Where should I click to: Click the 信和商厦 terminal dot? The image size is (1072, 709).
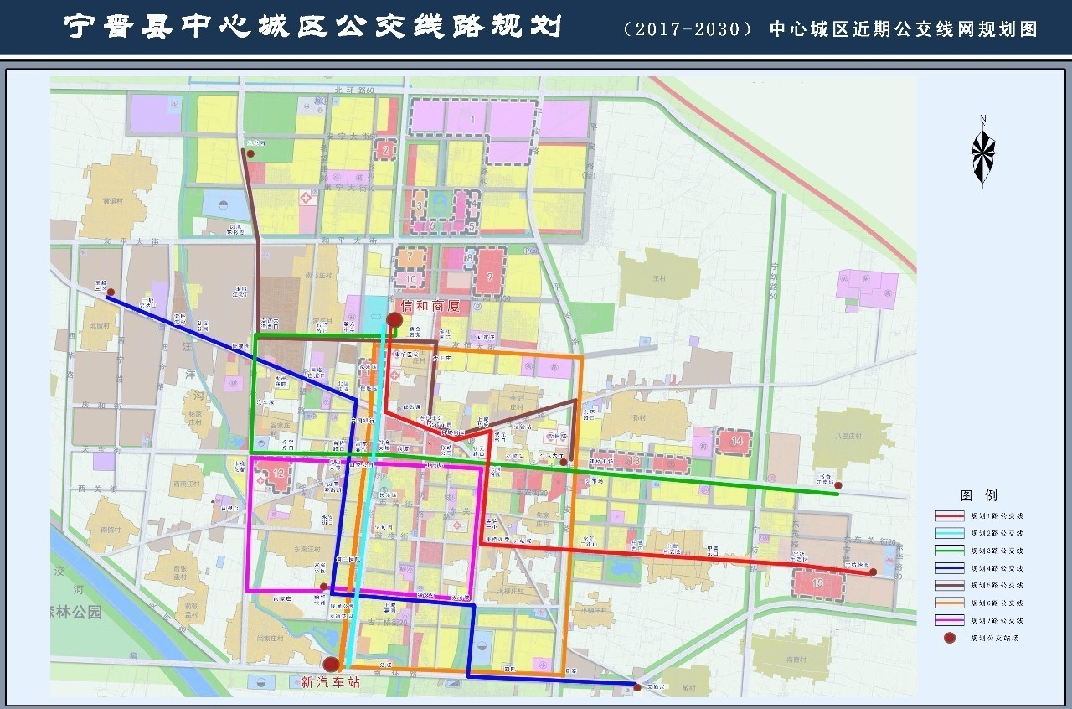pyautogui.click(x=394, y=319)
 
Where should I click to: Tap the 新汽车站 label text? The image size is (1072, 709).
pyautogui.click(x=330, y=682)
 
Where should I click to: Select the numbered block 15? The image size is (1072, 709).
pyautogui.click(x=818, y=582)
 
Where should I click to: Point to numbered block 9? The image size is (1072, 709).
pyautogui.click(x=489, y=270)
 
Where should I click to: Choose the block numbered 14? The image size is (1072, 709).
pyautogui.click(x=736, y=441)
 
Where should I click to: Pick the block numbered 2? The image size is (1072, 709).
pyautogui.click(x=385, y=151)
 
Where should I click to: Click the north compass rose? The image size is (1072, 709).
pyautogui.click(x=983, y=153)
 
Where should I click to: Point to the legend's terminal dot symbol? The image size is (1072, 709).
pyautogui.click(x=950, y=638)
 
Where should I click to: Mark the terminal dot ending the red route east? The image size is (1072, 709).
pyautogui.click(x=872, y=572)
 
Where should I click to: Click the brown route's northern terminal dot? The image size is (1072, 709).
pyautogui.click(x=250, y=153)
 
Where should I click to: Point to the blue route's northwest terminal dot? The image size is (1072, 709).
pyautogui.click(x=111, y=293)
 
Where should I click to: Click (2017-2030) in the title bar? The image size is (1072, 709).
pyautogui.click(x=688, y=29)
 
